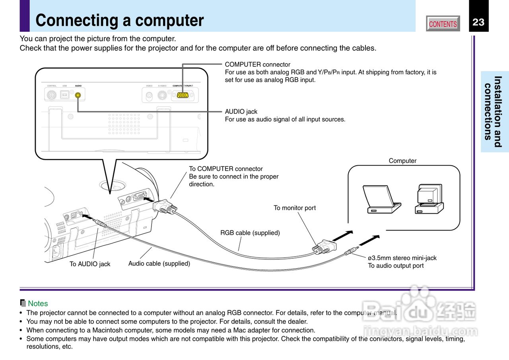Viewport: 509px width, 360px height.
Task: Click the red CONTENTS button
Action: pyautogui.click(x=443, y=24)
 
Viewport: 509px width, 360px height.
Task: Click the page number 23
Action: pyautogui.click(x=478, y=22)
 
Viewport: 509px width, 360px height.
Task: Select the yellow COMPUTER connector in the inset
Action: pyautogui.click(x=183, y=95)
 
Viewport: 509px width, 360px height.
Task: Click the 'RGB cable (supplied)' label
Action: pyautogui.click(x=250, y=233)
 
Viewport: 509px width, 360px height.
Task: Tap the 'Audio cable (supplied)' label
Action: pyautogui.click(x=159, y=263)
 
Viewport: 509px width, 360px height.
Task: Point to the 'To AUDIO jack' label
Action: pyautogui.click(x=90, y=264)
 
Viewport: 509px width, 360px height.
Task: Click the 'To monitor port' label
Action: pyautogui.click(x=294, y=208)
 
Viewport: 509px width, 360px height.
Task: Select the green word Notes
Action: pyautogui.click(x=38, y=304)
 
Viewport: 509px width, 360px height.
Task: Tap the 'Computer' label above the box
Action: pyautogui.click(x=402, y=161)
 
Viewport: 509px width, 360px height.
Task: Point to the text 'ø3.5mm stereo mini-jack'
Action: pyautogui.click(x=402, y=258)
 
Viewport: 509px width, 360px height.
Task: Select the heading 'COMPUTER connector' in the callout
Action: pyautogui.click(x=257, y=64)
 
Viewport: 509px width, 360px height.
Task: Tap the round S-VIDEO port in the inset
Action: pyautogui.click(x=162, y=95)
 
